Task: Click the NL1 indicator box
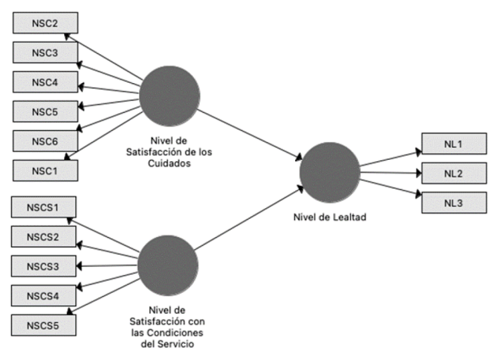click(454, 144)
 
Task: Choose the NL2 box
click(454, 173)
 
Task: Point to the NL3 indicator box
click(454, 202)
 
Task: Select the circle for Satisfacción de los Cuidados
click(170, 94)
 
